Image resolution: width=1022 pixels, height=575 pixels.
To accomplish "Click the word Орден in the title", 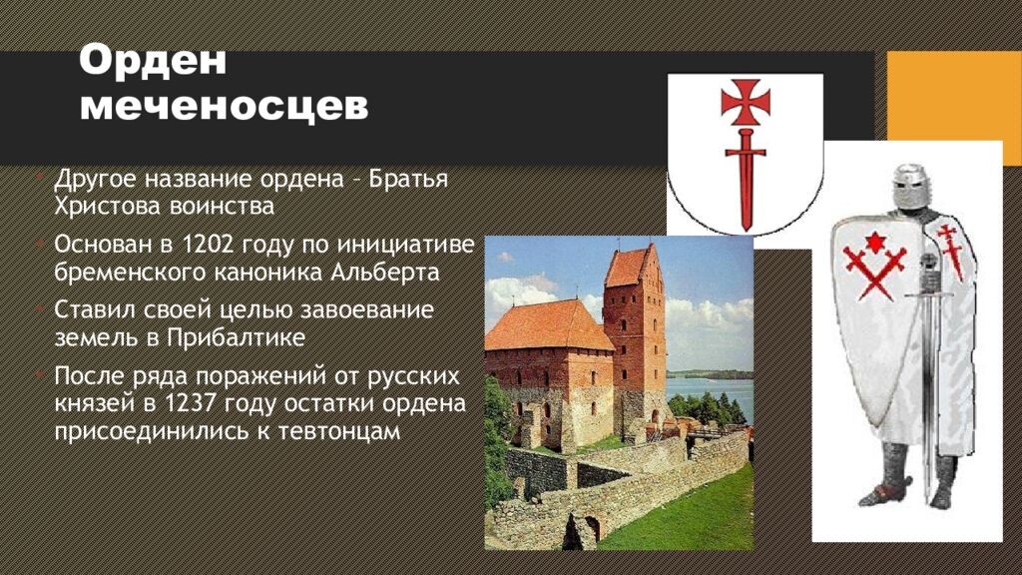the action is click(x=153, y=61).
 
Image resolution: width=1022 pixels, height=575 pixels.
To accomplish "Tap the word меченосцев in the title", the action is click(x=225, y=106).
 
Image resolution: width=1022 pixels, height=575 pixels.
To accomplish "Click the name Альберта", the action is click(x=385, y=272).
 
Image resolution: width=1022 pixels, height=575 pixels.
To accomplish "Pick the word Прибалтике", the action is click(x=236, y=337).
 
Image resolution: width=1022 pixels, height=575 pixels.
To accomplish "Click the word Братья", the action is click(x=409, y=179).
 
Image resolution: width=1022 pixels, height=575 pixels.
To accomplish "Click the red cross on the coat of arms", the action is click(x=746, y=102).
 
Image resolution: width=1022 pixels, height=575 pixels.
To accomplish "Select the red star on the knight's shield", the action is click(x=873, y=244).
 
